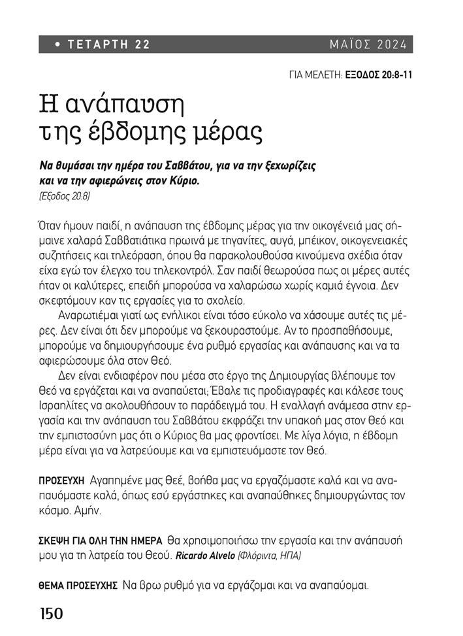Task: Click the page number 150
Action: [x=51, y=614]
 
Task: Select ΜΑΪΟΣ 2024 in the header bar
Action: [x=368, y=45]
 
